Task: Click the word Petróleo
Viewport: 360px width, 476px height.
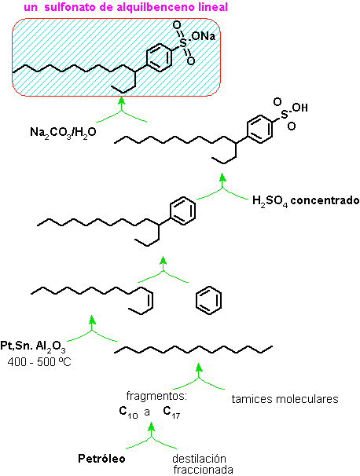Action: (x=101, y=459)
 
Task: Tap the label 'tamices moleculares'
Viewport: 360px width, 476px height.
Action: (x=285, y=399)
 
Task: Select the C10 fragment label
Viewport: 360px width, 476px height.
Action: (x=128, y=412)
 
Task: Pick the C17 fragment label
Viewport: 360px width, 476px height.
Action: (x=171, y=412)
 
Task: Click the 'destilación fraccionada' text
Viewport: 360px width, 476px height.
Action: (x=203, y=464)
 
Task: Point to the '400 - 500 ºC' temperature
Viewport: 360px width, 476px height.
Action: (x=39, y=362)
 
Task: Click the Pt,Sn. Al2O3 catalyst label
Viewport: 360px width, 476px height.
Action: (x=33, y=347)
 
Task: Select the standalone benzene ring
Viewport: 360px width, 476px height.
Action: (x=208, y=300)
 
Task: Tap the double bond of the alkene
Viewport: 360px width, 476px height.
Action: (x=150, y=300)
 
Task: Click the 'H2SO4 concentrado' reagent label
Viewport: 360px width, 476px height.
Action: (x=306, y=201)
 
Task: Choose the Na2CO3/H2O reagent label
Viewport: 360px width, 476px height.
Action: (x=63, y=133)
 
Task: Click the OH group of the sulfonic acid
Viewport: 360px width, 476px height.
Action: (x=299, y=108)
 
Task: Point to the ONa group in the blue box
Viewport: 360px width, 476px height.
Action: (x=204, y=36)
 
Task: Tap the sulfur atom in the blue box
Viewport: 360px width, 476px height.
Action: (x=183, y=42)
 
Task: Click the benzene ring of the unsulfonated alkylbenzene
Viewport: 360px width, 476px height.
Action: (x=183, y=211)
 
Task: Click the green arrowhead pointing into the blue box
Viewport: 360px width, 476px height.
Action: (x=122, y=101)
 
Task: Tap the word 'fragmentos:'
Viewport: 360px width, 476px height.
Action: (x=156, y=397)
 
